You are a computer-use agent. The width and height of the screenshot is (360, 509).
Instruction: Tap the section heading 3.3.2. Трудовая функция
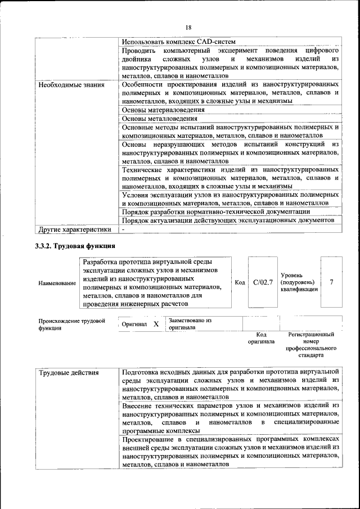click(75, 246)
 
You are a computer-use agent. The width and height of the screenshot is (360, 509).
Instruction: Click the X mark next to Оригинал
click(156, 325)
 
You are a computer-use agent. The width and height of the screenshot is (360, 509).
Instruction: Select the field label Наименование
click(57, 283)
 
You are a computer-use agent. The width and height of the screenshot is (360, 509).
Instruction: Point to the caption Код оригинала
click(261, 337)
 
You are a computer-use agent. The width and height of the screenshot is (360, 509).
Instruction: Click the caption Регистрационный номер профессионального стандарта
click(311, 345)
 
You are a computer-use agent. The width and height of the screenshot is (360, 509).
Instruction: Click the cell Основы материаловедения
click(163, 110)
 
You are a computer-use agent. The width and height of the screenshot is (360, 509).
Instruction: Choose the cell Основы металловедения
click(160, 119)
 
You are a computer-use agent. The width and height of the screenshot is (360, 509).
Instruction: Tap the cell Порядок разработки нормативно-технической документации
click(216, 211)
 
